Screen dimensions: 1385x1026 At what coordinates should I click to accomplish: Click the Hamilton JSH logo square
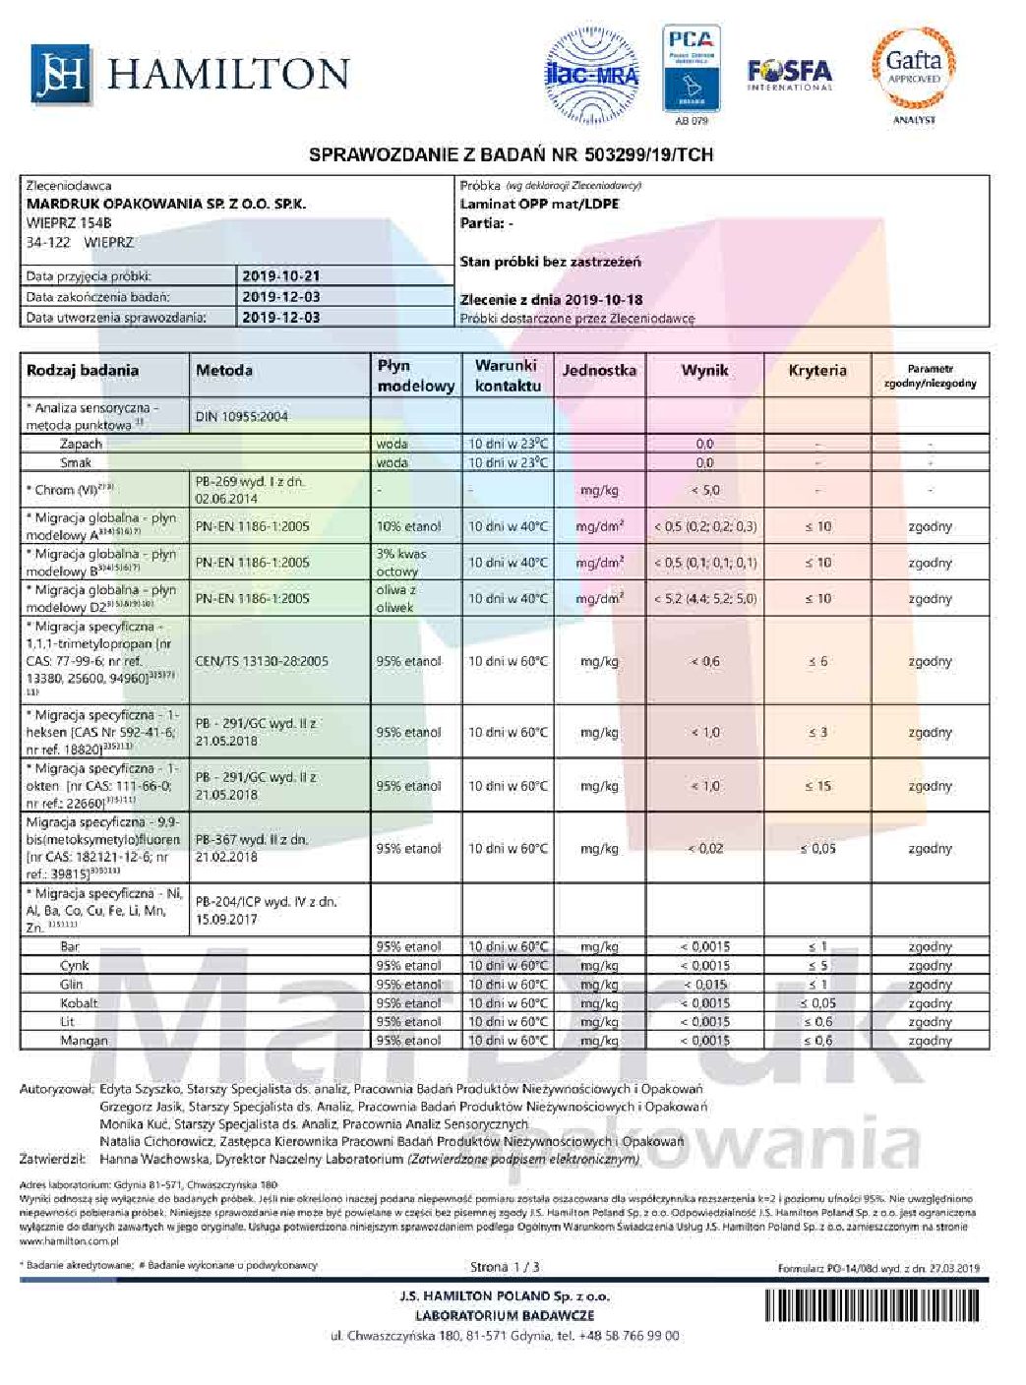tap(61, 75)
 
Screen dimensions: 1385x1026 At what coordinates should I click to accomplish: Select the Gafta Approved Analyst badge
tap(914, 71)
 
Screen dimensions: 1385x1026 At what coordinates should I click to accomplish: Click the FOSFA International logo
tap(789, 74)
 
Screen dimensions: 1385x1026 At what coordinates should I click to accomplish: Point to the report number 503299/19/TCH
tap(648, 155)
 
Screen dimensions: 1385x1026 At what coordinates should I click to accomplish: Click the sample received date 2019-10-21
tap(280, 276)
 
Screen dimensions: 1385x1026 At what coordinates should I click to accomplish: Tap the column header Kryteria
tap(817, 371)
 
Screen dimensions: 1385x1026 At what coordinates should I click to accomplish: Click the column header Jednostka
tap(598, 371)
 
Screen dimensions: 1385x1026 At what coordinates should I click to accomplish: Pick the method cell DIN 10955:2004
tap(242, 416)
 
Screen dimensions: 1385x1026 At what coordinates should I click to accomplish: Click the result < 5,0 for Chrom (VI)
tap(705, 490)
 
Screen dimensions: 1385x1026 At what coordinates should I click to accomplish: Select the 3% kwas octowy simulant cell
tap(398, 563)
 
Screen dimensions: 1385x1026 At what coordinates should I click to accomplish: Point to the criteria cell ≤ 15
tap(817, 786)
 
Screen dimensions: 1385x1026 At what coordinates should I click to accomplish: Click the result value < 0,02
tap(705, 848)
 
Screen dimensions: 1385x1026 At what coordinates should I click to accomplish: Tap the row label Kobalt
tap(79, 1003)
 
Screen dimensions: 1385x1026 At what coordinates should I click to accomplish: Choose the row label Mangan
tap(84, 1041)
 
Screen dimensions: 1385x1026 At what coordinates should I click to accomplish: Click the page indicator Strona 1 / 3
tap(506, 1267)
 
